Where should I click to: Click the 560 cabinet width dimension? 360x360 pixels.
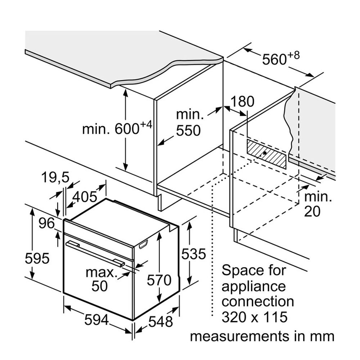pyautogui.click(x=281, y=59)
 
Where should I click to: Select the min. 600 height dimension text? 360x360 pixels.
pyautogui.click(x=117, y=128)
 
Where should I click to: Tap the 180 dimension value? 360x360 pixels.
pyautogui.click(x=242, y=102)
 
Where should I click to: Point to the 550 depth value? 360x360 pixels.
pyautogui.click(x=188, y=131)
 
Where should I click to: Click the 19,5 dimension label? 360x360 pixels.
pyautogui.click(x=55, y=177)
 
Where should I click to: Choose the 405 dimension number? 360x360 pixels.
pyautogui.click(x=85, y=197)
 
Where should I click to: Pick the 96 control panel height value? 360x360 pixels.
pyautogui.click(x=46, y=223)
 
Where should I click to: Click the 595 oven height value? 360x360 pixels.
pyautogui.click(x=37, y=258)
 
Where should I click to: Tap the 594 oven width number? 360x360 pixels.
pyautogui.click(x=96, y=320)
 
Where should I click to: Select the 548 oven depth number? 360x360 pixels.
pyautogui.click(x=161, y=321)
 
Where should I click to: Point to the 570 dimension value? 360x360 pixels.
pyautogui.click(x=159, y=280)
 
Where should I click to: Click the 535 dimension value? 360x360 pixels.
pyautogui.click(x=194, y=254)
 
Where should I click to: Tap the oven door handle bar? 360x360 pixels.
pyautogui.click(x=95, y=254)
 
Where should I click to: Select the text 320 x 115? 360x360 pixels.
pyautogui.click(x=255, y=317)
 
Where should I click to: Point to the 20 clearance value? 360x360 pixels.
pyautogui.click(x=312, y=211)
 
